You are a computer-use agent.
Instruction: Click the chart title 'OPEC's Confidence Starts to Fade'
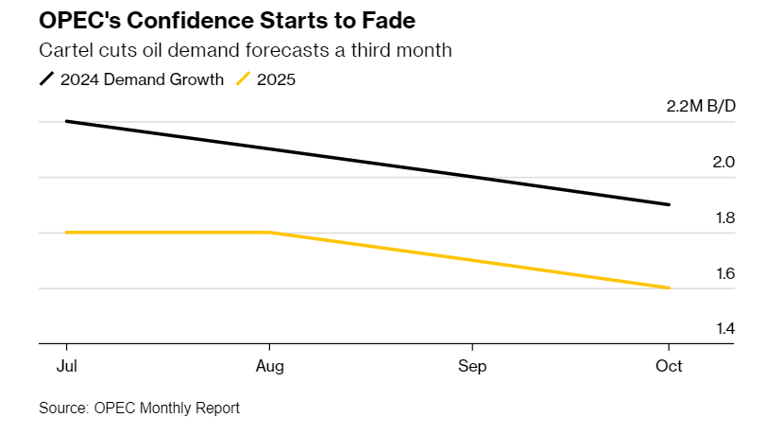(x=215, y=20)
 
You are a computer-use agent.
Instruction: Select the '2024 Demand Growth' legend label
(x=142, y=79)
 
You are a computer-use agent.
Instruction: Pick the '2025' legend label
(x=276, y=79)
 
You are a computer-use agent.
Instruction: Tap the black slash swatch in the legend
(x=46, y=79)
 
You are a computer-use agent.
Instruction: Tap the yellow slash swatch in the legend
(x=243, y=79)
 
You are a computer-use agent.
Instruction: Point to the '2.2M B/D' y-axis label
(x=700, y=106)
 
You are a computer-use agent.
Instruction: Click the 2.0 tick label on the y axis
(x=723, y=162)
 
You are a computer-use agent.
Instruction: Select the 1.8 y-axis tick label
(x=723, y=217)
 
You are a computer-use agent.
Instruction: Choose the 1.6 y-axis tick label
(x=723, y=273)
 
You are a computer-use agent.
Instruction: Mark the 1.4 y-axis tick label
(x=723, y=329)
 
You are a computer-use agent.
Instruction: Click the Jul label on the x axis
(x=67, y=366)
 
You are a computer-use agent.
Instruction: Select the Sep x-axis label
(x=472, y=366)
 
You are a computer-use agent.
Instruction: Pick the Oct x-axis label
(x=669, y=366)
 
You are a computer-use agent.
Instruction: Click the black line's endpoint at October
(x=669, y=204)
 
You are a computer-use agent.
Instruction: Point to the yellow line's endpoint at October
(x=669, y=287)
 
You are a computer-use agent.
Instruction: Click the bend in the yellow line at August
(x=270, y=232)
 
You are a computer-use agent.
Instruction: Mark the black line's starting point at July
(x=67, y=121)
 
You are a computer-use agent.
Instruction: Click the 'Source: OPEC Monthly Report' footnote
(x=139, y=409)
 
